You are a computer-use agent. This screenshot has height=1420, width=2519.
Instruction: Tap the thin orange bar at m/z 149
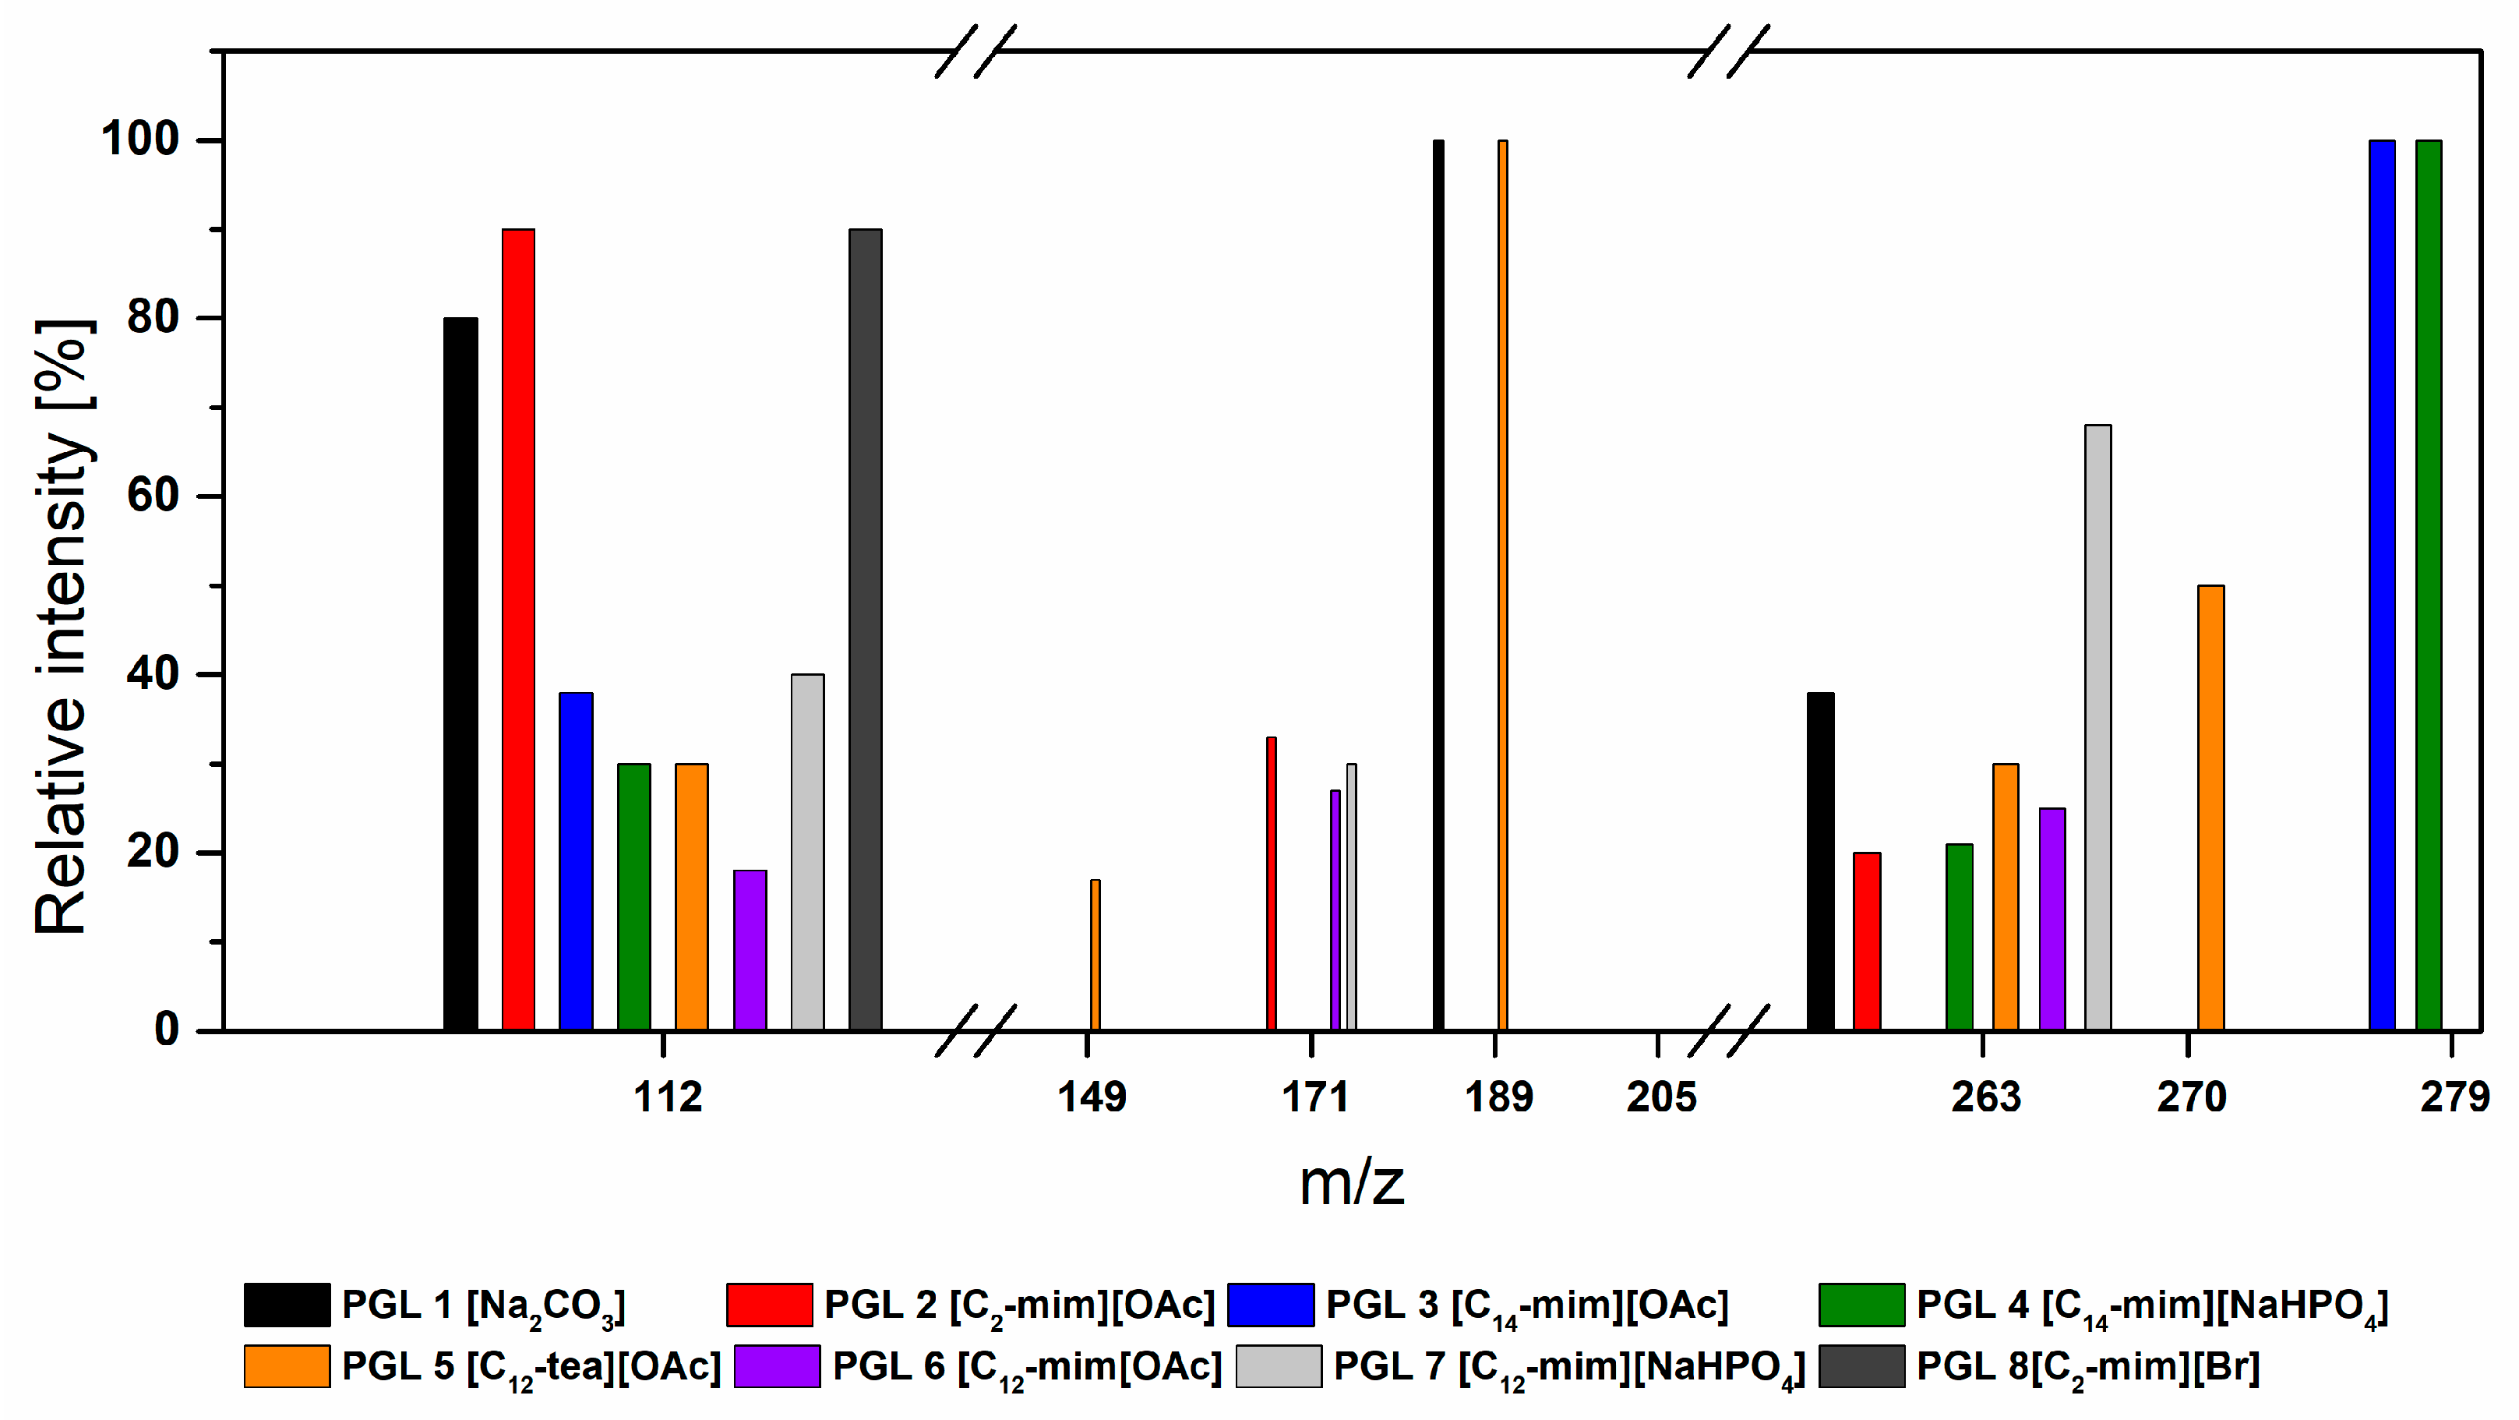click(x=1095, y=955)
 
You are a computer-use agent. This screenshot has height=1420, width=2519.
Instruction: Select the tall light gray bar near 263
click(x=2097, y=728)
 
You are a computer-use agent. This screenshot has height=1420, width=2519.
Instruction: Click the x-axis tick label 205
click(x=1661, y=1097)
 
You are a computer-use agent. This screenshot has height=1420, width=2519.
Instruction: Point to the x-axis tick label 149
click(x=1092, y=1097)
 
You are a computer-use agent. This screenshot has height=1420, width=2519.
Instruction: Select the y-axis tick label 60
click(x=153, y=495)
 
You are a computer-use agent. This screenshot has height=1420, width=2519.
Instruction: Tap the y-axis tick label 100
click(x=141, y=139)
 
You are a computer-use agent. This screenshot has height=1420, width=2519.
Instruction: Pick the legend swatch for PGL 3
click(x=1270, y=1305)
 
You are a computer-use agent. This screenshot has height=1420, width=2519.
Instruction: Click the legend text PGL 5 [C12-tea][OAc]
click(x=531, y=1367)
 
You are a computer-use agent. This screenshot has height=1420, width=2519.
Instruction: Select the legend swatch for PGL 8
click(x=1861, y=1366)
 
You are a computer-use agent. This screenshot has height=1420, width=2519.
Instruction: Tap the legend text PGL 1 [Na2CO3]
click(x=483, y=1305)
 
